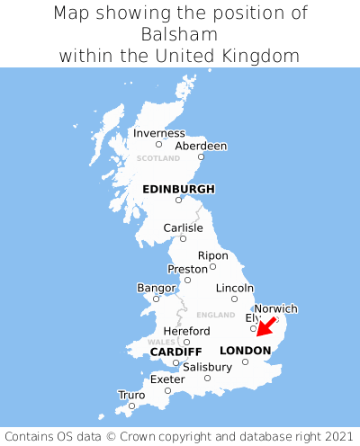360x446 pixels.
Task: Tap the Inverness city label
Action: click(x=159, y=133)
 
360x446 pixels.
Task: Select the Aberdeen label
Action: click(x=201, y=146)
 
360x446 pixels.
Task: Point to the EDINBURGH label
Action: click(x=178, y=189)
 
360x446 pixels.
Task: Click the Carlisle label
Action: click(x=183, y=227)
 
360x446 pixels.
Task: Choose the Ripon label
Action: click(x=213, y=255)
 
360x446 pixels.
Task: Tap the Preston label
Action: click(x=188, y=269)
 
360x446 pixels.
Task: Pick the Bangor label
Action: click(x=156, y=288)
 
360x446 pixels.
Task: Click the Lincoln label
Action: click(x=235, y=288)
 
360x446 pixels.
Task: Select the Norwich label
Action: click(x=275, y=308)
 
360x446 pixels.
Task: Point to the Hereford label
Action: click(x=186, y=331)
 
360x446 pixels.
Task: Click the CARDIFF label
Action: click(x=175, y=351)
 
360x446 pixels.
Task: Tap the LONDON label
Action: click(x=245, y=350)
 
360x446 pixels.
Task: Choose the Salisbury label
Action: click(x=207, y=367)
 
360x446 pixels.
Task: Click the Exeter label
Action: click(x=167, y=379)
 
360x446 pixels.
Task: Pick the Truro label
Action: click(x=131, y=395)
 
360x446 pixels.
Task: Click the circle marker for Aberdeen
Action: click(x=201, y=157)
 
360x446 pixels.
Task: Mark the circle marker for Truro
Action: click(x=131, y=406)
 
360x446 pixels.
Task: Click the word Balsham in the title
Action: click(x=180, y=34)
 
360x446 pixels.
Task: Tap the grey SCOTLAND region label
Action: click(x=158, y=158)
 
